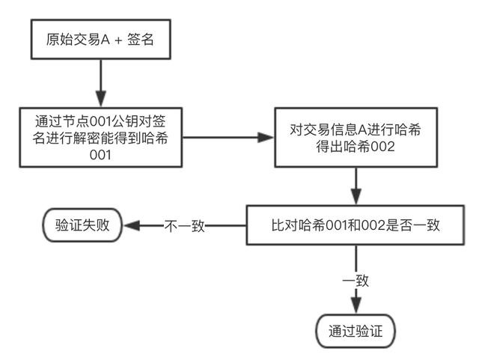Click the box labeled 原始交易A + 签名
101,40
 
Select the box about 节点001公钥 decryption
101,138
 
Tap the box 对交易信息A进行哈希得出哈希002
356,138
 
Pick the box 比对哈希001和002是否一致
356,225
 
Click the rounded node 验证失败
82,225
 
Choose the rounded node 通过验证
356,331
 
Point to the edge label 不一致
184,226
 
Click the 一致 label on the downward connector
356,281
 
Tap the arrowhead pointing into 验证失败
132,225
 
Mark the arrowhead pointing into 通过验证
356,305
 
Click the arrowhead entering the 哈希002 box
265,138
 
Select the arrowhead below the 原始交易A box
101,98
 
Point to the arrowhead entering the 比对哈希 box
356,196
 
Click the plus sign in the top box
118,40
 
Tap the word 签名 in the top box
140,40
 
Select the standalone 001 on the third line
100,155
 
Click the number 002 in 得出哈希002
382,147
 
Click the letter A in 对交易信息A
362,130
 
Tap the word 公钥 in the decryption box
125,121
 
